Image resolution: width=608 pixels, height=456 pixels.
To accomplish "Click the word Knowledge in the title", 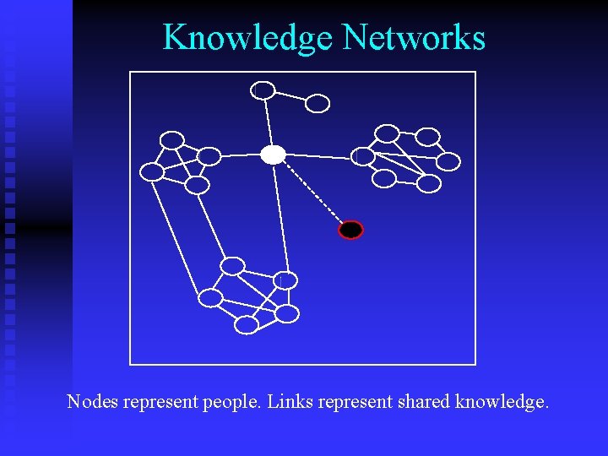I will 249,38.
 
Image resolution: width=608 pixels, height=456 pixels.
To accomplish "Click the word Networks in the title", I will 414,38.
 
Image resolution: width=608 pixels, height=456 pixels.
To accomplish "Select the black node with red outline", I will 350,230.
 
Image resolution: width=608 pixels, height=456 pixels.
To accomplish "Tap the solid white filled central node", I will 273,155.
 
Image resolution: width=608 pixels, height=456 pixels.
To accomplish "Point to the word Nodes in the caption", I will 93,402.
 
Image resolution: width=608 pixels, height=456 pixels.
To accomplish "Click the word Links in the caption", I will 288,402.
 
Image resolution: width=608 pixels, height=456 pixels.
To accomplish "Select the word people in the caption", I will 231,403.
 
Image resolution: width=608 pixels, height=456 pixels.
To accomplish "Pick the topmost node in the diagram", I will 264,90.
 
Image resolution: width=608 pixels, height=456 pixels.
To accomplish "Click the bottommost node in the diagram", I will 247,324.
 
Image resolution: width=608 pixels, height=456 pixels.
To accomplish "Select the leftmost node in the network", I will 152,172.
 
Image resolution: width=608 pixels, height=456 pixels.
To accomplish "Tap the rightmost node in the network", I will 449,161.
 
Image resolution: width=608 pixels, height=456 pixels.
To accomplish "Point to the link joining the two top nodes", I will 290,96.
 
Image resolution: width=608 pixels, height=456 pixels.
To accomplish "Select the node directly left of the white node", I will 209,156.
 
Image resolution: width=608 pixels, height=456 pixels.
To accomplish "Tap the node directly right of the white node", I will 363,157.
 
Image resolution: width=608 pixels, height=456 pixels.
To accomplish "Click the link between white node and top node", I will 269,122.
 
